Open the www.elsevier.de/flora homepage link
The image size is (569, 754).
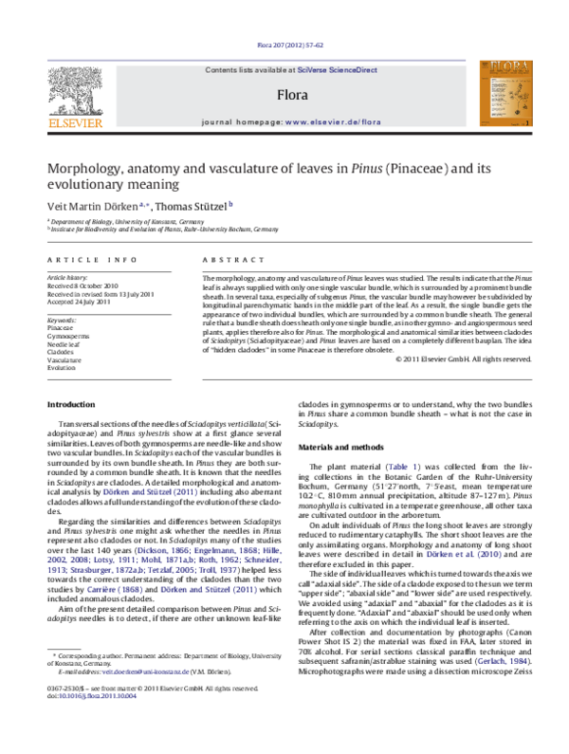click(320, 122)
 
